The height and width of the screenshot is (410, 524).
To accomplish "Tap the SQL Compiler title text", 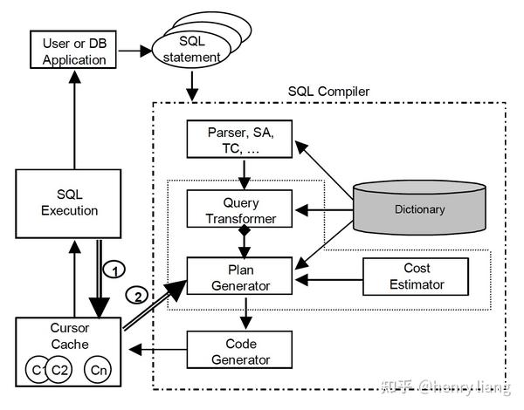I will [328, 91].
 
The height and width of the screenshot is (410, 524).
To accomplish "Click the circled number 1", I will [113, 268].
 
